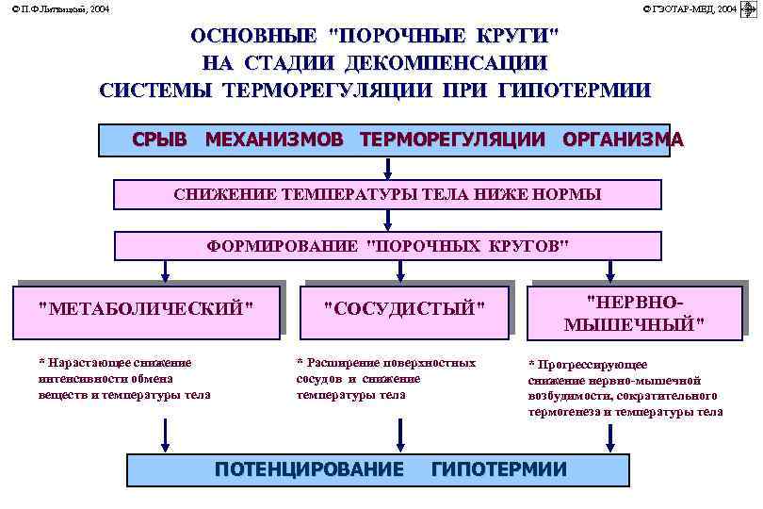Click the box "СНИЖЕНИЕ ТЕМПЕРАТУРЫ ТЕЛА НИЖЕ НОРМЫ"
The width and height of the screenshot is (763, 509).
click(x=386, y=194)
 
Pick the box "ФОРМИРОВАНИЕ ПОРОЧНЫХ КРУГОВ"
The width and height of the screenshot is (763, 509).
click(x=386, y=246)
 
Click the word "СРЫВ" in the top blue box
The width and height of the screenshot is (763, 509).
click(x=159, y=140)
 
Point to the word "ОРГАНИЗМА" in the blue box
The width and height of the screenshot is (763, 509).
click(x=623, y=140)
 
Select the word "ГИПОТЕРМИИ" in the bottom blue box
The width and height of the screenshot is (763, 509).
click(x=499, y=469)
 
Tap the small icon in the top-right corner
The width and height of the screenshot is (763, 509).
click(x=750, y=8)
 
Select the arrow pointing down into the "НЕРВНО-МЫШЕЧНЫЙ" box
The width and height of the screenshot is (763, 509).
click(x=611, y=271)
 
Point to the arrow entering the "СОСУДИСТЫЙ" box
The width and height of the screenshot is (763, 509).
click(x=401, y=271)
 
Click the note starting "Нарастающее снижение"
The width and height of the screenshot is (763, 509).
click(x=122, y=378)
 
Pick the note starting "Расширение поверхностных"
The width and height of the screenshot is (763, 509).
click(x=385, y=378)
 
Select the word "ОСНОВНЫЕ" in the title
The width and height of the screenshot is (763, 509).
click(x=253, y=37)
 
